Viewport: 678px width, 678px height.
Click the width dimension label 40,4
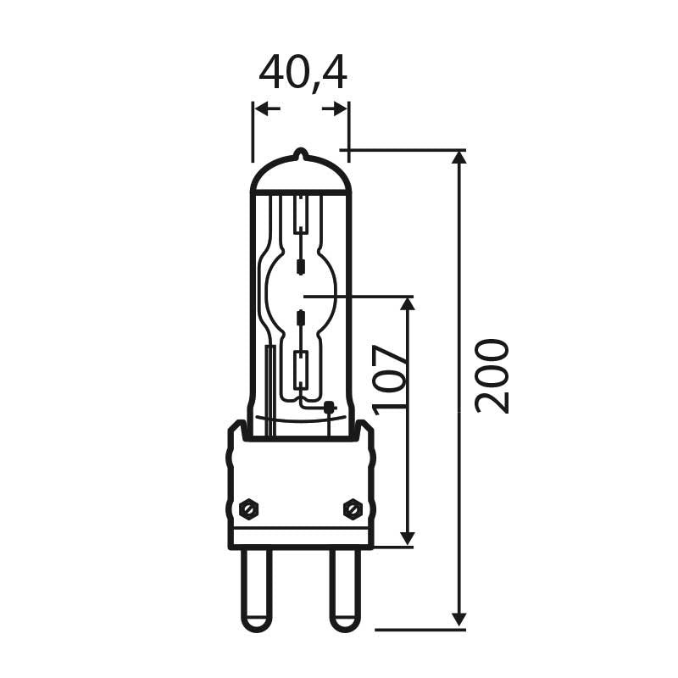(x=303, y=74)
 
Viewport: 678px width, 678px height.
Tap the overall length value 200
(x=492, y=375)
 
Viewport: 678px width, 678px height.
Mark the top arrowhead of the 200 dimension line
(x=458, y=158)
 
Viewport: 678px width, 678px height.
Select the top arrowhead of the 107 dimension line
(x=407, y=304)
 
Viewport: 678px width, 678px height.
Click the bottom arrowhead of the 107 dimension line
(x=407, y=537)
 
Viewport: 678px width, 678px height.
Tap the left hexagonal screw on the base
(x=248, y=508)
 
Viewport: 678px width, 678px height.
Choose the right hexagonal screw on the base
(x=353, y=508)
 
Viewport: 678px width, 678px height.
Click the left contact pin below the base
(x=256, y=589)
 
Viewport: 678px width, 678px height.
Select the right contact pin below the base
(x=345, y=589)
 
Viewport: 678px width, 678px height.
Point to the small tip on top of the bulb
(x=300, y=154)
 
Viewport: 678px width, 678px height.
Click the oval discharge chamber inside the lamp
(x=300, y=293)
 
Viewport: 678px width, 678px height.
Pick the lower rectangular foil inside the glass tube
(x=300, y=370)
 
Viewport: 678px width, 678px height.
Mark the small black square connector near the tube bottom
(x=329, y=407)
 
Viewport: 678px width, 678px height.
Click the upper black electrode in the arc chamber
(x=300, y=267)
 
